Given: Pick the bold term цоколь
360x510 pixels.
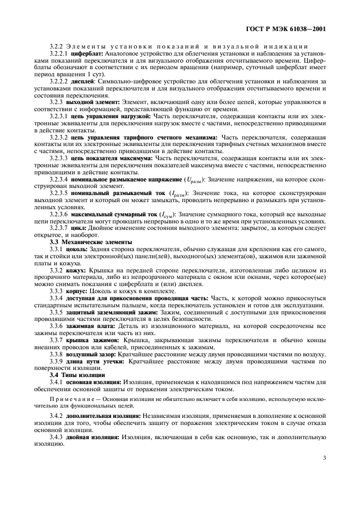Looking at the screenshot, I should [x=77, y=248].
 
